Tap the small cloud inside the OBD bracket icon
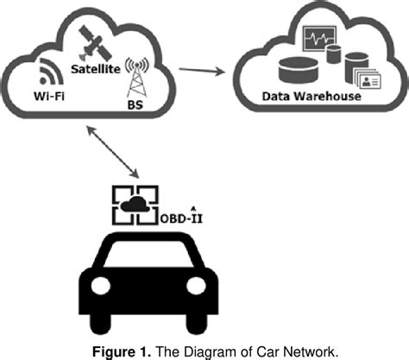coord(133,206)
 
